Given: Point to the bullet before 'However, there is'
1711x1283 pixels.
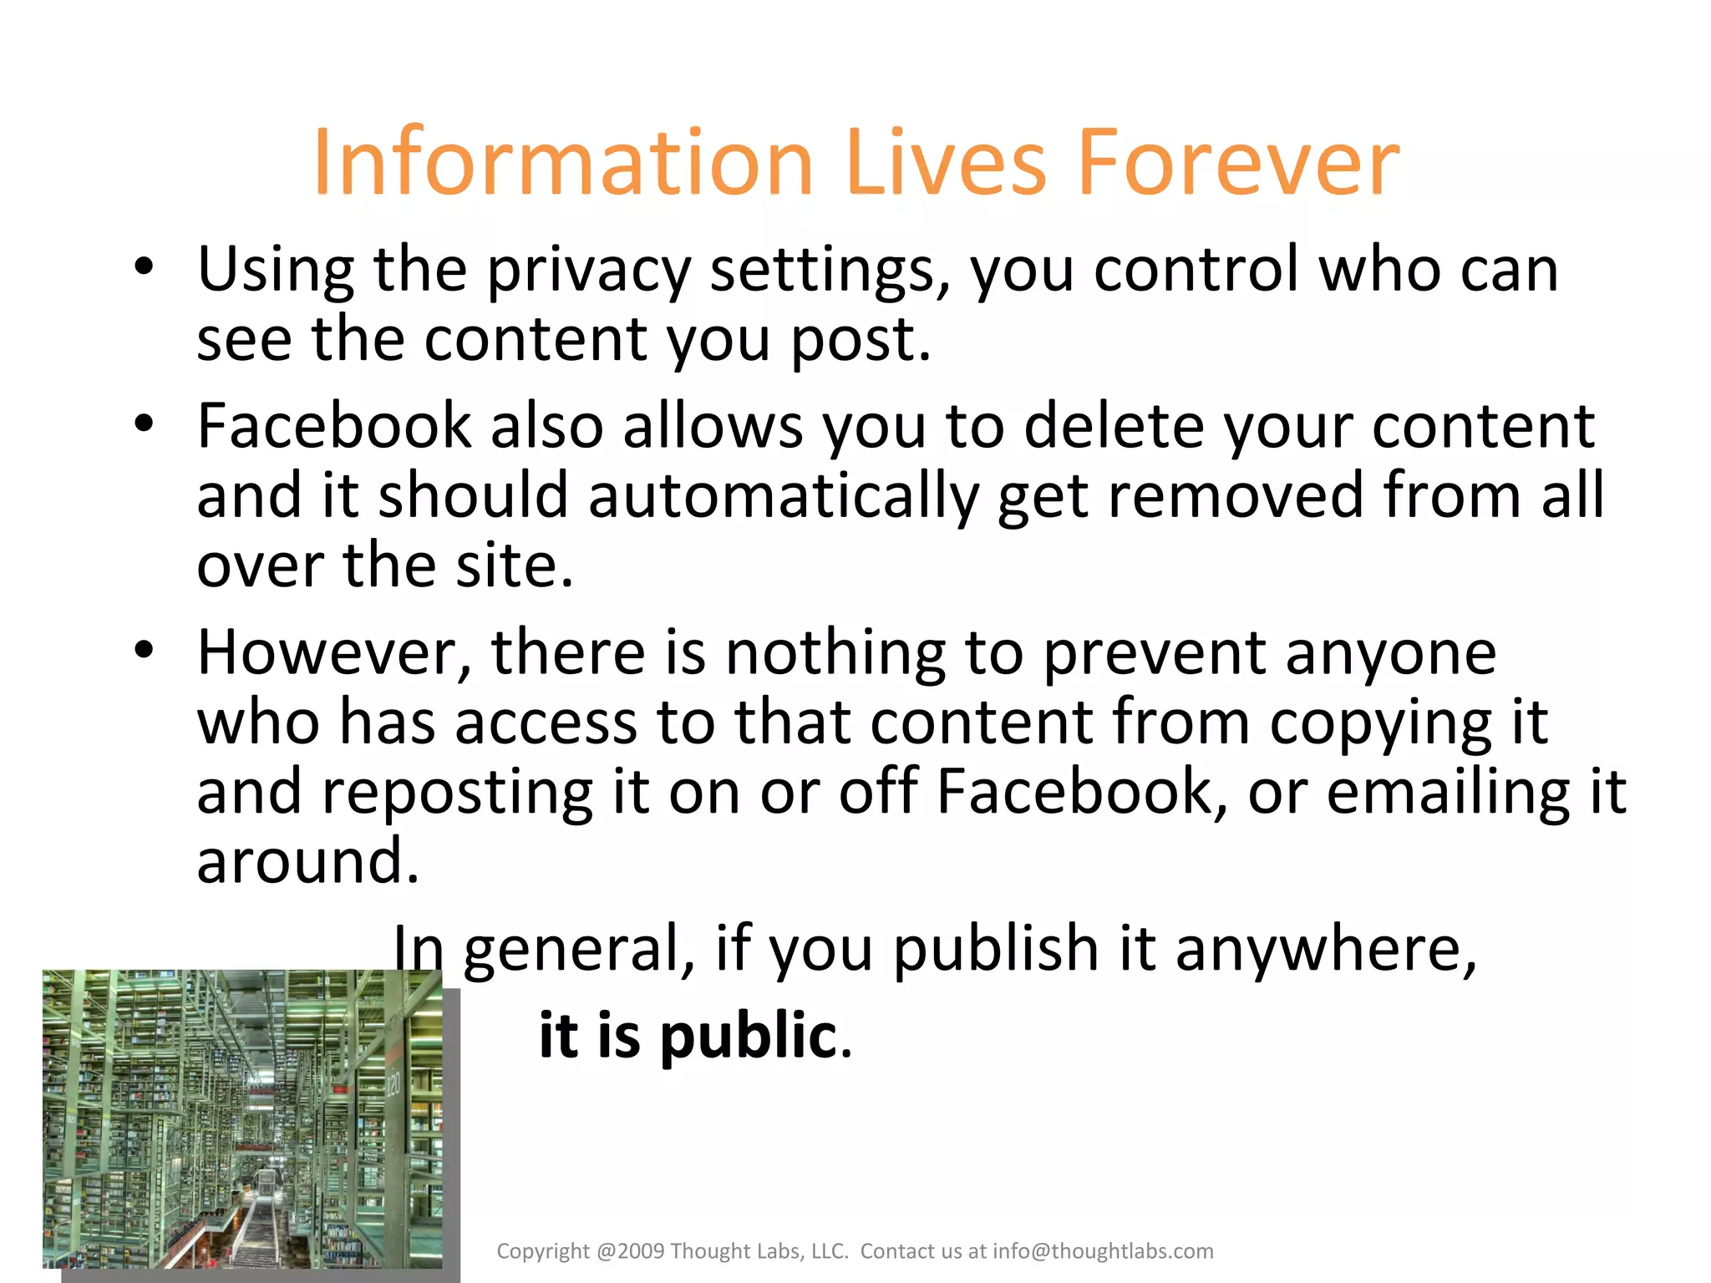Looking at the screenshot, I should tap(144, 650).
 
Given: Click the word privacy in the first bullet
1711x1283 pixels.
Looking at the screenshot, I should tap(589, 271).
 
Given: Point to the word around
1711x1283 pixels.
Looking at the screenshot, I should tap(307, 861).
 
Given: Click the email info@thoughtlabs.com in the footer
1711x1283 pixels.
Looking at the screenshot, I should tap(1103, 1251).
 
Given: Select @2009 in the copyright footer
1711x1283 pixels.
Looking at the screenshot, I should tap(631, 1251).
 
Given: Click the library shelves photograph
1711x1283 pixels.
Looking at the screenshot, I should tap(242, 1119).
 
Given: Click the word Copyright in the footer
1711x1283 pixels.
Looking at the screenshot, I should tap(543, 1251).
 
